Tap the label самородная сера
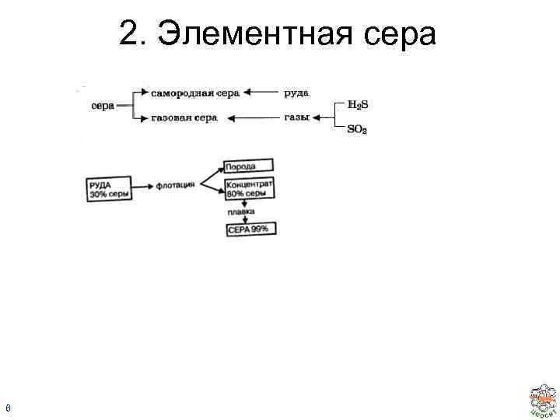[194, 93]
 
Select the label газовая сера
[184, 117]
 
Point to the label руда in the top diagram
[296, 93]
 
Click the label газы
[297, 117]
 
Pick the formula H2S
[357, 105]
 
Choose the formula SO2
[357, 130]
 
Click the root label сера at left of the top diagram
[103, 106]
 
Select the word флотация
[176, 187]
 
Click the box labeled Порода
[248, 166]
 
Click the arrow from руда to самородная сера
[261, 93]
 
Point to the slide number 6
[7, 406]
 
